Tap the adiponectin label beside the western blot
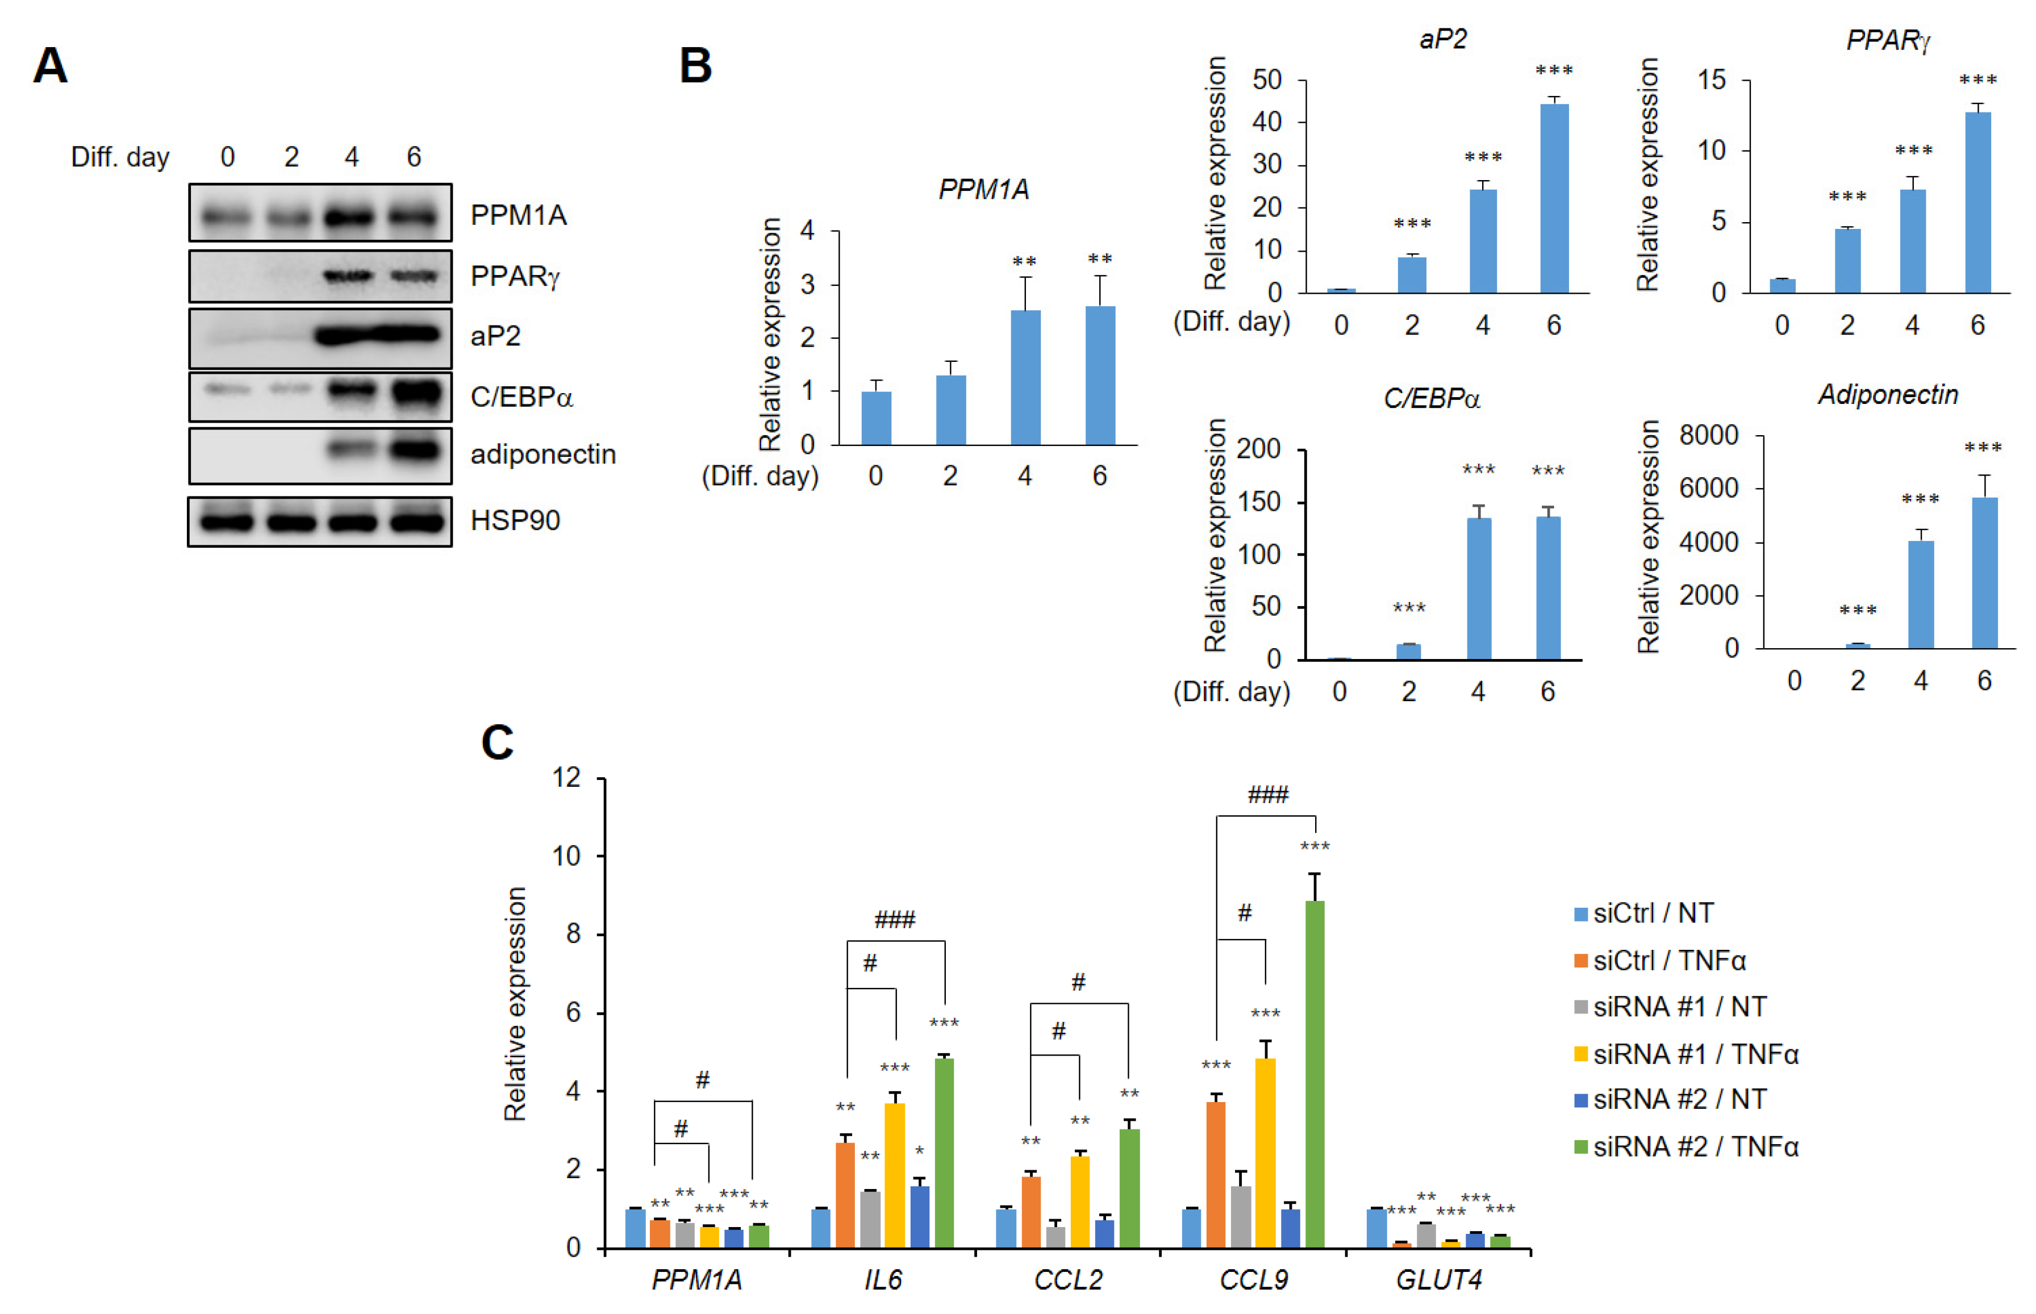(543, 454)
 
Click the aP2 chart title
(1442, 39)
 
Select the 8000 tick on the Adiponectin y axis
(1708, 435)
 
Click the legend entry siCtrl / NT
(1652, 913)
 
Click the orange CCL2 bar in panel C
(1030, 1212)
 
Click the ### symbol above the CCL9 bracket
(1267, 795)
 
